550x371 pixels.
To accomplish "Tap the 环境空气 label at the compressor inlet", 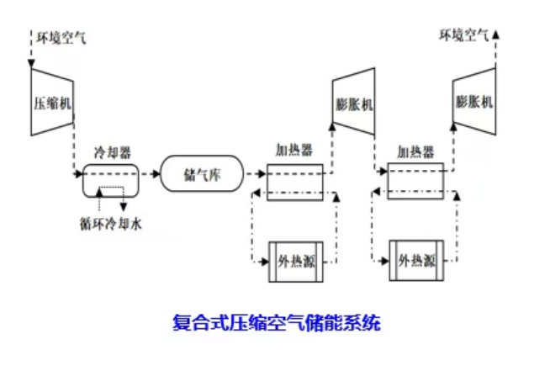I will click(61, 37).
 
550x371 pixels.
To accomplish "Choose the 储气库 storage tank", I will click(202, 174).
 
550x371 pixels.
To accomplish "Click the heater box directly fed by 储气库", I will click(294, 181).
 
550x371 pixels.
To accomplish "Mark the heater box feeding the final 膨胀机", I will click(415, 181).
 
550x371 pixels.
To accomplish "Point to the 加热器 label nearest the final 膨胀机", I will click(415, 152).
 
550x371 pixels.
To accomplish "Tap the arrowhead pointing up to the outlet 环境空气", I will click(496, 34).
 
